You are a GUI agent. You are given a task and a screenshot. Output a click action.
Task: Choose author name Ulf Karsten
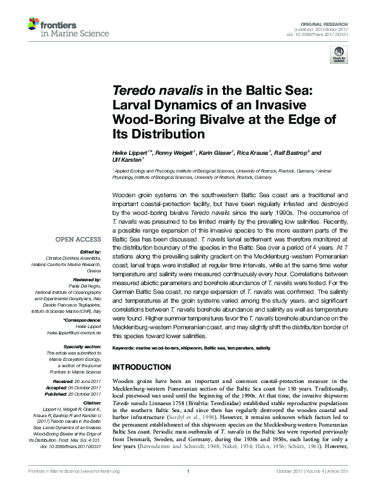(127, 161)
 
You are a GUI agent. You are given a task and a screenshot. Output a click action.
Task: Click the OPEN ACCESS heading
(78, 240)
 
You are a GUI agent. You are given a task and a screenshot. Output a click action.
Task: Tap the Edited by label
(91, 252)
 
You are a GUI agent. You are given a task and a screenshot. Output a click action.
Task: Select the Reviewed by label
(88, 278)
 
